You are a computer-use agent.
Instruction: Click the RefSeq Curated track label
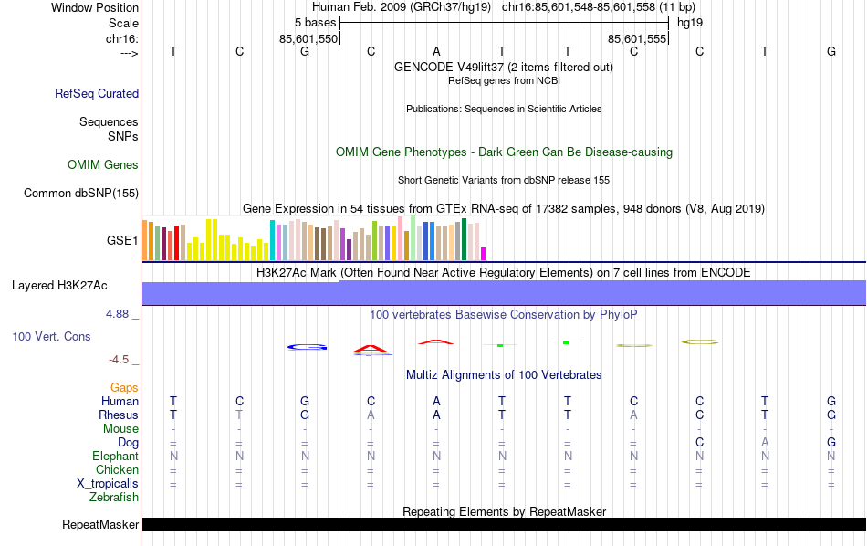point(97,93)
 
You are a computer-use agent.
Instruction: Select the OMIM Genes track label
point(103,165)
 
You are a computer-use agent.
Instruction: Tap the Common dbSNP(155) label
point(81,193)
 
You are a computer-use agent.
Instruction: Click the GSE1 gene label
point(122,241)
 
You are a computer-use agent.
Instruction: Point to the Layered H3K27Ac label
point(59,286)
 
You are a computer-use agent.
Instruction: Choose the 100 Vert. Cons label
point(51,337)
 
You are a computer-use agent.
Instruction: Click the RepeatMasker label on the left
point(100,525)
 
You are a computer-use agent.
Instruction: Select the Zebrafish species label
point(114,498)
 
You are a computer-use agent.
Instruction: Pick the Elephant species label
point(115,457)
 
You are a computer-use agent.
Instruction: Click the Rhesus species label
point(119,415)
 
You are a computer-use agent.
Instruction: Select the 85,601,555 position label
point(637,39)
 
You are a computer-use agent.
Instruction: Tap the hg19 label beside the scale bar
point(689,22)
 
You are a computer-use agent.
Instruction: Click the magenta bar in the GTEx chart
point(484,254)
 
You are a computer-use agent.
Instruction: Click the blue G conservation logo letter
point(307,347)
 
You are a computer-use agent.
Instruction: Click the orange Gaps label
point(124,388)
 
